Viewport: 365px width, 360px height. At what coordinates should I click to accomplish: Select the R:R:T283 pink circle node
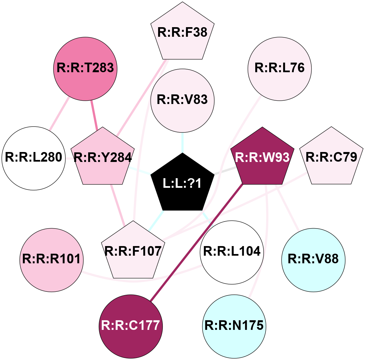86,69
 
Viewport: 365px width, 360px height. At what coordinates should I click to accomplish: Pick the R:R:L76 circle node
279,68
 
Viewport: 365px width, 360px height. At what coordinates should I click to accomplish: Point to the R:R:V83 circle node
183,100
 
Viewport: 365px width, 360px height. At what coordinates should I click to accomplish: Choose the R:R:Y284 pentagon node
103,158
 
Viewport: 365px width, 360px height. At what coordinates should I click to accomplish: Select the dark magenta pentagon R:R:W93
263,158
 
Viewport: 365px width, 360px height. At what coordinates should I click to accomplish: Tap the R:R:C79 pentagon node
331,158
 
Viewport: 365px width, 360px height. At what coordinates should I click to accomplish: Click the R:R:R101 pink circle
51,260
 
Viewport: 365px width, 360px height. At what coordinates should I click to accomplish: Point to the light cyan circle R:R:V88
313,260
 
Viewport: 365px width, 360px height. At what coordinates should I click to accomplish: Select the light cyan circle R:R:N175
234,326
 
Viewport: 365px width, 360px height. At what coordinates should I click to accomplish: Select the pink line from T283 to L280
59,114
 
